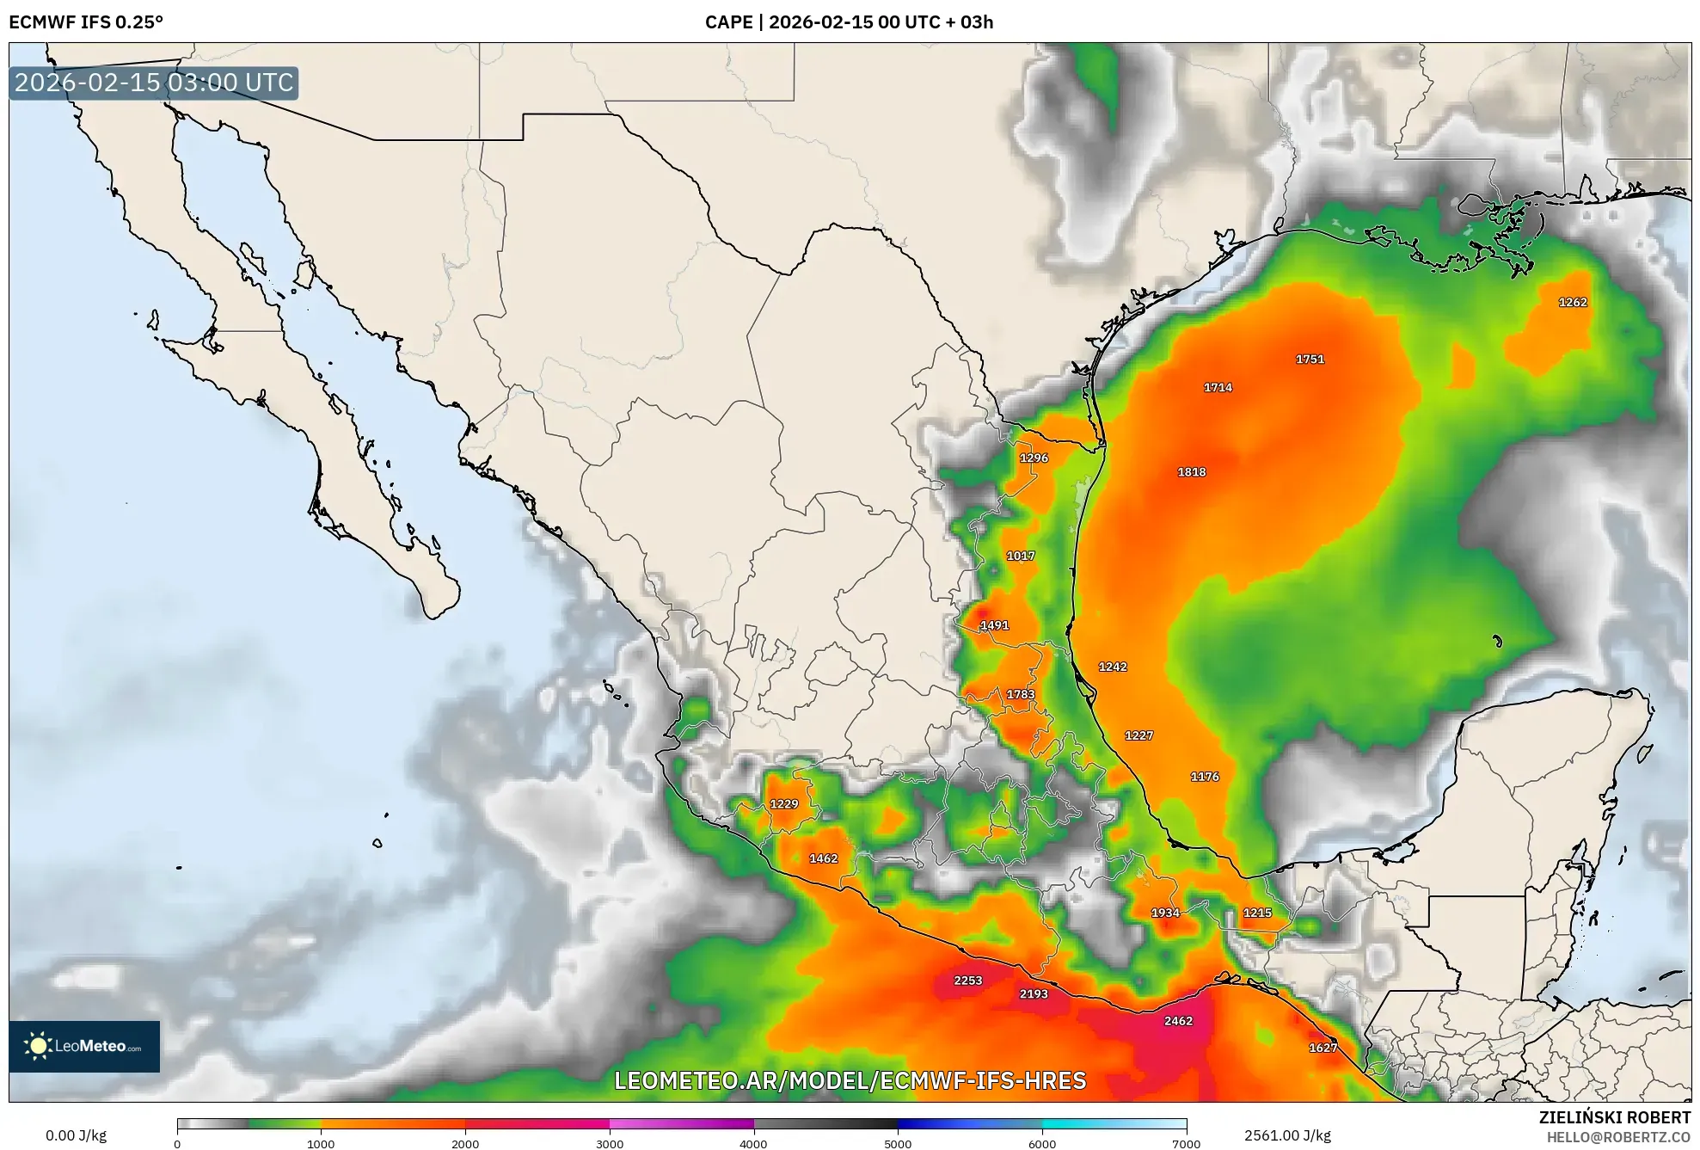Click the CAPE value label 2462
pyautogui.click(x=1178, y=1021)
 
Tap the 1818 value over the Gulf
pyautogui.click(x=1191, y=472)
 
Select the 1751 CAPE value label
pyautogui.click(x=1310, y=360)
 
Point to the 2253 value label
pyautogui.click(x=967, y=981)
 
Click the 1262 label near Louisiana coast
pyautogui.click(x=1573, y=303)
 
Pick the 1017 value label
pyautogui.click(x=1021, y=557)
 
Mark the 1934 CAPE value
pyautogui.click(x=1165, y=913)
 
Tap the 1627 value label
pyautogui.click(x=1323, y=1048)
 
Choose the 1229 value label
pyautogui.click(x=783, y=804)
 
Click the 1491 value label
pyautogui.click(x=994, y=625)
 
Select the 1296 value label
pyautogui.click(x=1034, y=458)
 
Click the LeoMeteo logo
pyautogui.click(x=84, y=1046)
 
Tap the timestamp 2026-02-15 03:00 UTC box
pyautogui.click(x=154, y=83)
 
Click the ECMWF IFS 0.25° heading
pyautogui.click(x=86, y=22)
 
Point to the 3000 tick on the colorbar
pyautogui.click(x=610, y=1143)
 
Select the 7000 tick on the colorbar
pyautogui.click(x=1186, y=1143)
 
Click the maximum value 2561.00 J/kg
pyautogui.click(x=1287, y=1135)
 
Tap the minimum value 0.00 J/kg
pyautogui.click(x=76, y=1135)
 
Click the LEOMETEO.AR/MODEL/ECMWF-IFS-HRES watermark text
pyautogui.click(x=850, y=1080)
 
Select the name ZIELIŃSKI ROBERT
pyautogui.click(x=1614, y=1117)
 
